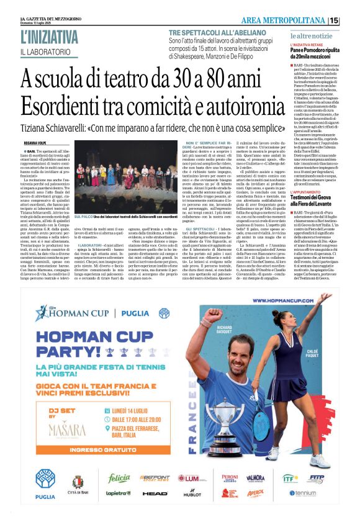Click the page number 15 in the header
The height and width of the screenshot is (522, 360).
[351, 20]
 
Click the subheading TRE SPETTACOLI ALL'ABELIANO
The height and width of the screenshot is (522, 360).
[214, 32]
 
